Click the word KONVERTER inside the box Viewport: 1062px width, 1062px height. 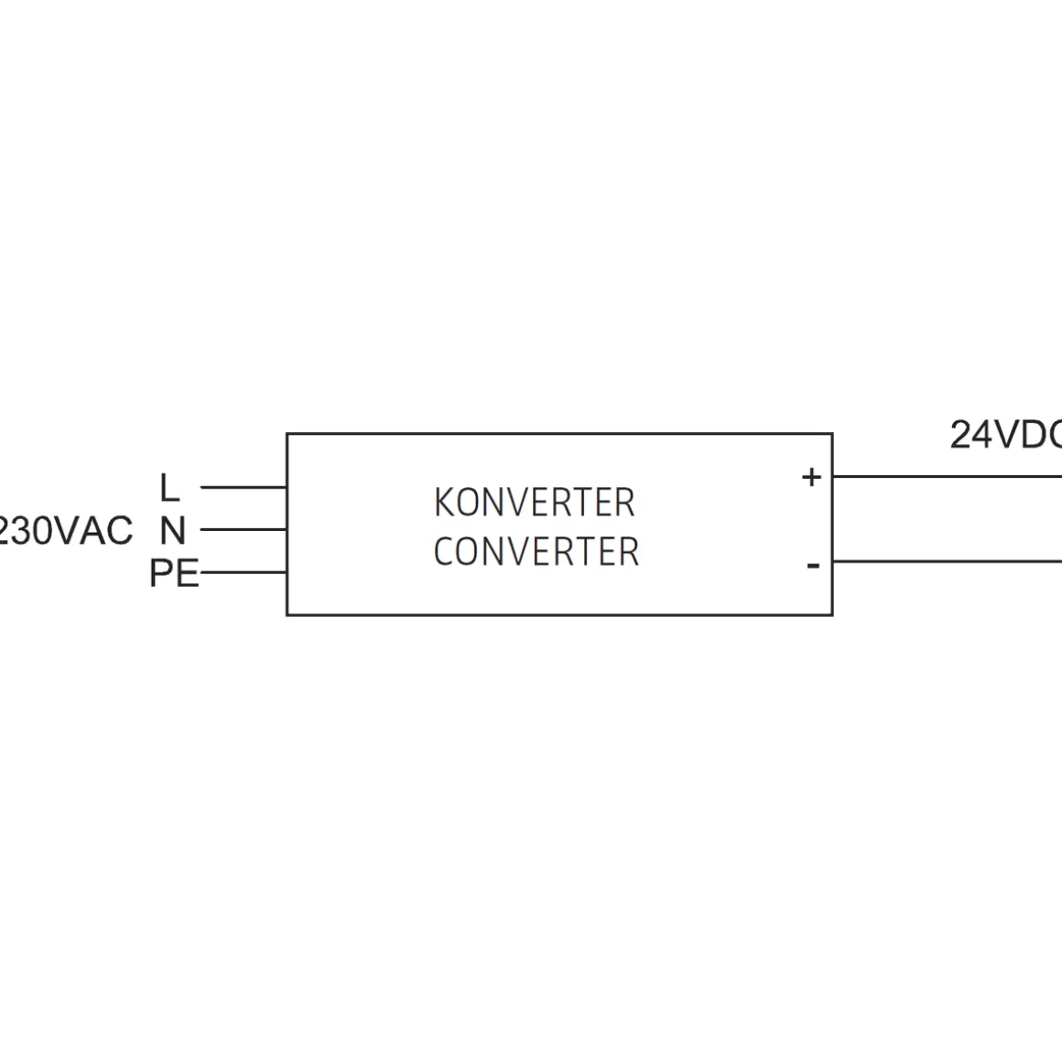tap(534, 503)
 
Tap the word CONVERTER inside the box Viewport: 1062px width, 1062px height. tap(536, 552)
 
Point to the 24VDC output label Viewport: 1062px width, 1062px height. tap(1005, 435)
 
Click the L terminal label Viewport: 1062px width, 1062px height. tap(169, 488)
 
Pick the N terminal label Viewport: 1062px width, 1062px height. tap(172, 530)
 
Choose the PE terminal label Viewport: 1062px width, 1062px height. tap(174, 574)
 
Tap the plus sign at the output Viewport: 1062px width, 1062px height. tap(811, 477)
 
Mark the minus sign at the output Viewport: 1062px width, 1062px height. tap(813, 566)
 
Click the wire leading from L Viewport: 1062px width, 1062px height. tap(243, 487)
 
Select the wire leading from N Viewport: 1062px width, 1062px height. tap(243, 529)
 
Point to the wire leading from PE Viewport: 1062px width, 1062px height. tap(243, 573)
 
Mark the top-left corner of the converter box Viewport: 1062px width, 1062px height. tap(287, 434)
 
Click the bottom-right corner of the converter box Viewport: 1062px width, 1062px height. tap(832, 614)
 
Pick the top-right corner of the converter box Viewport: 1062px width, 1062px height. tap(832, 434)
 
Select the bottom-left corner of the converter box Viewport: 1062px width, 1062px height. tap(287, 614)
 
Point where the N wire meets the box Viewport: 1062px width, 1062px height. tap(287, 529)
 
